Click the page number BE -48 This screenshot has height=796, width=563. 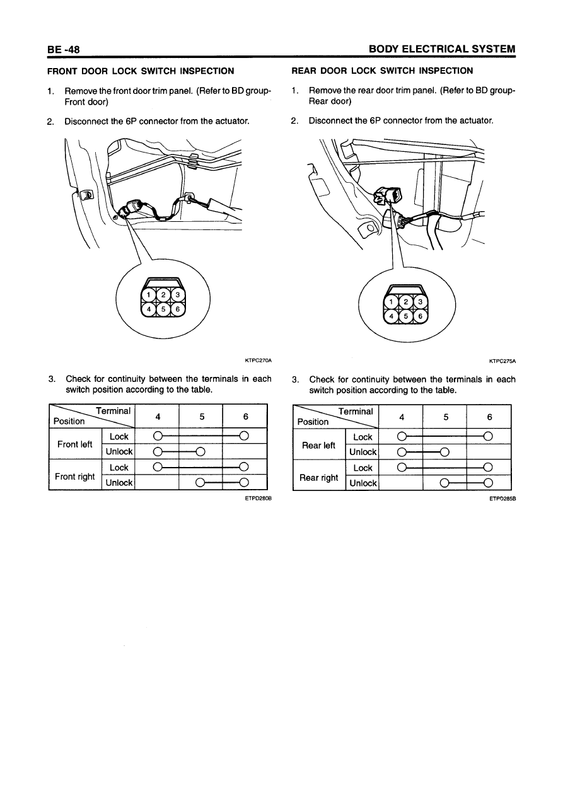point(62,49)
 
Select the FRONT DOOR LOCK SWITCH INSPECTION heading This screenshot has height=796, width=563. point(141,71)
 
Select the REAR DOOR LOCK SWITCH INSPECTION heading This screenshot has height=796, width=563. point(382,71)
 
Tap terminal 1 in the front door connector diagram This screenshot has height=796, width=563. point(148,296)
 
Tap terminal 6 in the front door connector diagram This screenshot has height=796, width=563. point(178,310)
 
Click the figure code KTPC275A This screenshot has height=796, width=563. point(502,361)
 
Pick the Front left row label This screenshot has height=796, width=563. point(75,444)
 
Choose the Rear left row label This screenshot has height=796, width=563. point(319,445)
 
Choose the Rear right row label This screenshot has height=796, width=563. point(319,477)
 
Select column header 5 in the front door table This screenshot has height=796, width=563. point(201,416)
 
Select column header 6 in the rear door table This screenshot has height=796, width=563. point(489,417)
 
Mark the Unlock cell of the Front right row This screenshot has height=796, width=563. point(119,483)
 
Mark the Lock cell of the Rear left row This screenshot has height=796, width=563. point(363,437)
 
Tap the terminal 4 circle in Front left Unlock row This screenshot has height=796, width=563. point(158,451)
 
